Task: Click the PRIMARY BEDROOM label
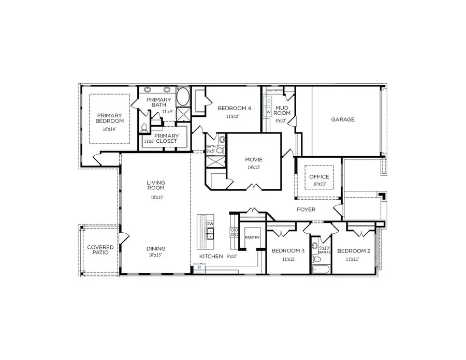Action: [109, 118]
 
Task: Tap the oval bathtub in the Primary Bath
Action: [183, 97]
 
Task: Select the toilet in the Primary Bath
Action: [144, 127]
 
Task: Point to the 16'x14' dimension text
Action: [109, 128]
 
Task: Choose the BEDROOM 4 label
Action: [234, 108]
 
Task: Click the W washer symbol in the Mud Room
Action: [269, 112]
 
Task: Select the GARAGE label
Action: [343, 119]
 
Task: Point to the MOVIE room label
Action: [254, 159]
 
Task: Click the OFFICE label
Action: [319, 177]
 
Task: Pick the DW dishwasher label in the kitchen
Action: [209, 224]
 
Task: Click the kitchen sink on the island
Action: [209, 234]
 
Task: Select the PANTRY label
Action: [252, 237]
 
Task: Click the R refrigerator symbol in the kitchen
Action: [199, 267]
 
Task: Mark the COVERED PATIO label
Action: [100, 250]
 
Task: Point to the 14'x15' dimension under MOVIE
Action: [254, 167]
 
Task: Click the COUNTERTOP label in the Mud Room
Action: [274, 91]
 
